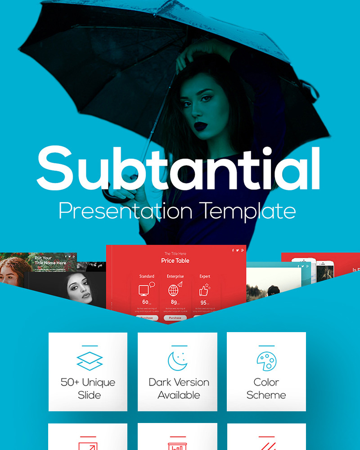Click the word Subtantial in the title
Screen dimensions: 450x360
(179, 169)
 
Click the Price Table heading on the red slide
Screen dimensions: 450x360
(175, 261)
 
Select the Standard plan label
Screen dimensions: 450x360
(147, 276)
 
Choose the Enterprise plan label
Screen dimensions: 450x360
(175, 276)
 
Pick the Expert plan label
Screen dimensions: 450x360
(205, 276)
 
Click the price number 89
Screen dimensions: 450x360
(174, 302)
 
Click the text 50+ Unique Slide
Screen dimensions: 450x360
(88, 389)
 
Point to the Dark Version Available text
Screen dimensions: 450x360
(179, 389)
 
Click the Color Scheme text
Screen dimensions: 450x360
(266, 389)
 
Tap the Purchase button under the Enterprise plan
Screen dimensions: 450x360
(175, 318)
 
